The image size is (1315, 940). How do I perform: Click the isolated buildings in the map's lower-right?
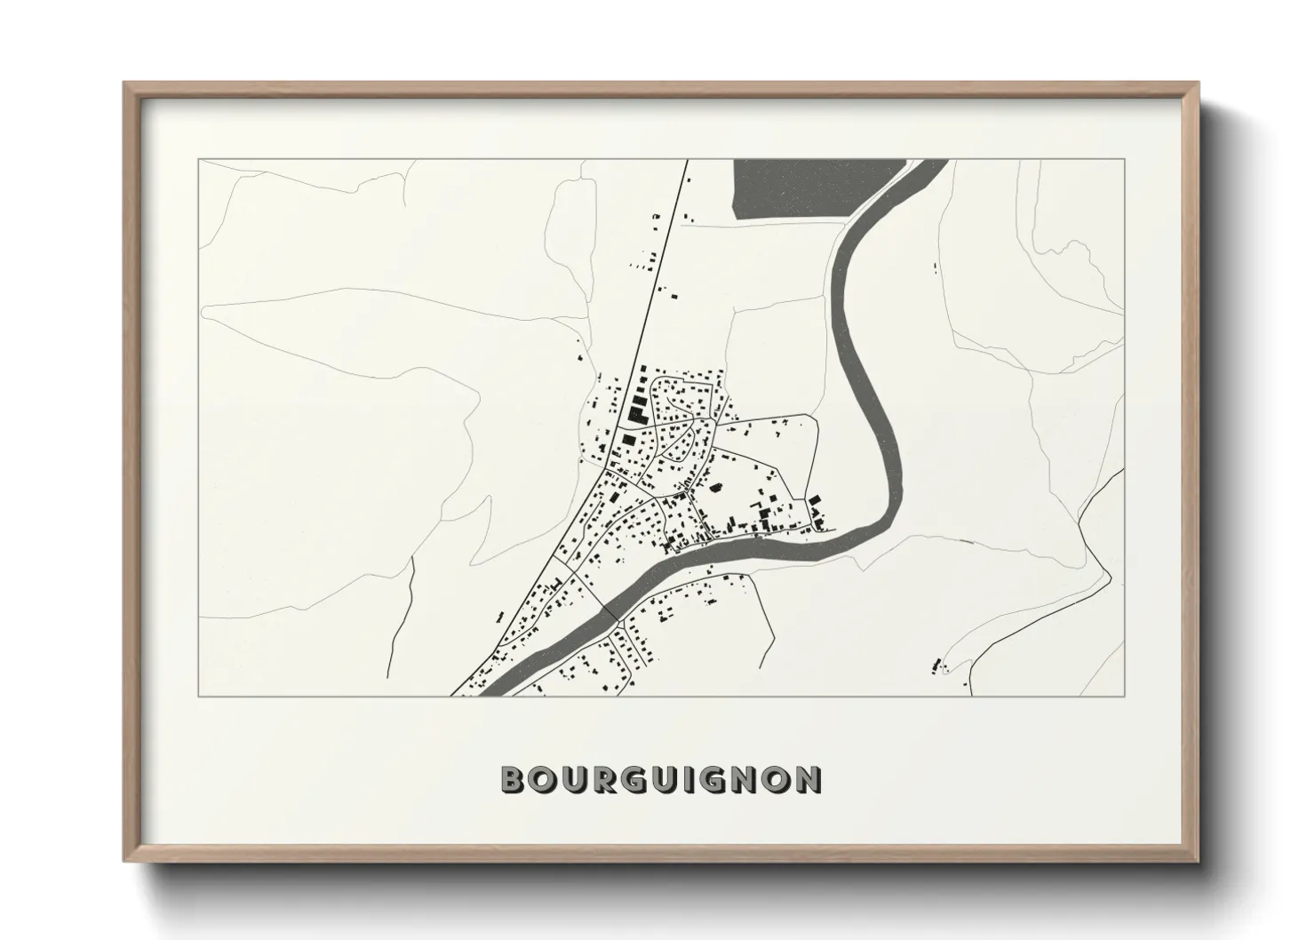click(936, 664)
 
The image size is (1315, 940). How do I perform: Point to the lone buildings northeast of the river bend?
click(936, 267)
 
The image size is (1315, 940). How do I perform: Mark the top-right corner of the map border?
click(1124, 160)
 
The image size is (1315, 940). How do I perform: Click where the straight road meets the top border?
click(687, 161)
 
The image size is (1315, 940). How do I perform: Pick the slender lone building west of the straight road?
click(499, 615)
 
